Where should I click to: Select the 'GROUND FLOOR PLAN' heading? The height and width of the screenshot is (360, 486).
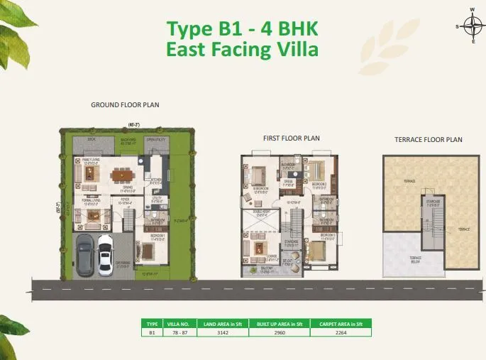pyautogui.click(x=125, y=104)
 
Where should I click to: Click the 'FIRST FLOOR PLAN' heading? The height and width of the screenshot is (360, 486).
pyautogui.click(x=292, y=138)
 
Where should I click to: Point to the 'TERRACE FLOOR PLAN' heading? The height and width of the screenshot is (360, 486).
pyautogui.click(x=428, y=140)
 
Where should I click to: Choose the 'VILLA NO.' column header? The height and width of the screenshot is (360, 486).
pyautogui.click(x=173, y=322)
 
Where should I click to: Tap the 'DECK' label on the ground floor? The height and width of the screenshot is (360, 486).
pyautogui.click(x=92, y=141)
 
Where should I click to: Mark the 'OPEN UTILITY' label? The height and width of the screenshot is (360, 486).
pyautogui.click(x=155, y=141)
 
